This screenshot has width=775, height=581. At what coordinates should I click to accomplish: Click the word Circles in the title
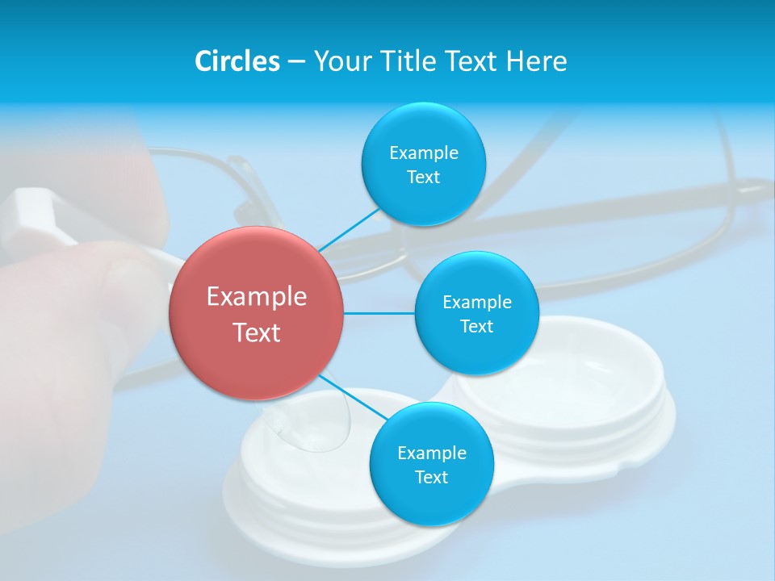pyautogui.click(x=237, y=61)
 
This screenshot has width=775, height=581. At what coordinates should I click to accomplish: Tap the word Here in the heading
pyautogui.click(x=536, y=61)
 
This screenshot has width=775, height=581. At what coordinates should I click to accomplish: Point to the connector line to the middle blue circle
pyautogui.click(x=379, y=313)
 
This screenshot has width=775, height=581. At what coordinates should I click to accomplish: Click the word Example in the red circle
pyautogui.click(x=257, y=297)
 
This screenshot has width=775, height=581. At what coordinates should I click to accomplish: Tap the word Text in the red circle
pyautogui.click(x=257, y=332)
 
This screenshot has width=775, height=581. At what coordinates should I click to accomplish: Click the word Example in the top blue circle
pyautogui.click(x=423, y=153)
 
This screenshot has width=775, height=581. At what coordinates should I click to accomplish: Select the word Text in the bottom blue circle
pyautogui.click(x=431, y=477)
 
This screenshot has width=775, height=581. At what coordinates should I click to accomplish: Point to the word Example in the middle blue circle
pyautogui.click(x=476, y=302)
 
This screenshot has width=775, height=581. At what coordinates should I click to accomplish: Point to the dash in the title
pyautogui.click(x=295, y=62)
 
